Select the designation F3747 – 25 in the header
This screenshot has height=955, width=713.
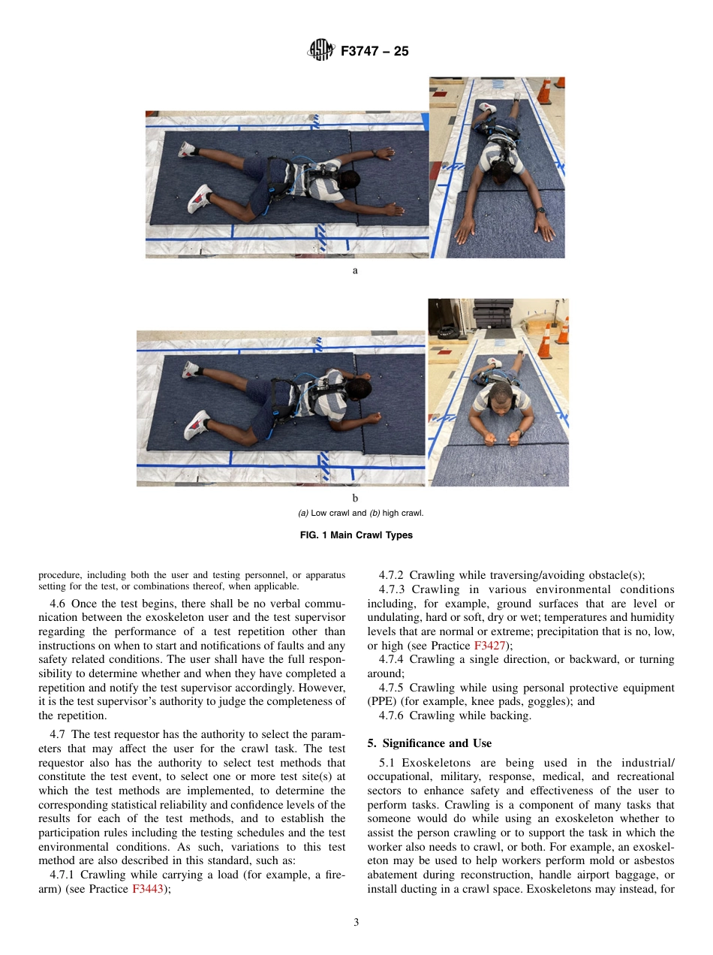(x=375, y=52)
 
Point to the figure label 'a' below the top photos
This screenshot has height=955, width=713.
(x=355, y=270)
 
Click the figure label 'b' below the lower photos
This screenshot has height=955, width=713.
(x=355, y=498)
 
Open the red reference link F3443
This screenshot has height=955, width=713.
(x=147, y=889)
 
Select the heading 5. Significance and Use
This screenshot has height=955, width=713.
(x=429, y=743)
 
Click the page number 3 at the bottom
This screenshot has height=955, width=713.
(x=356, y=922)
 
